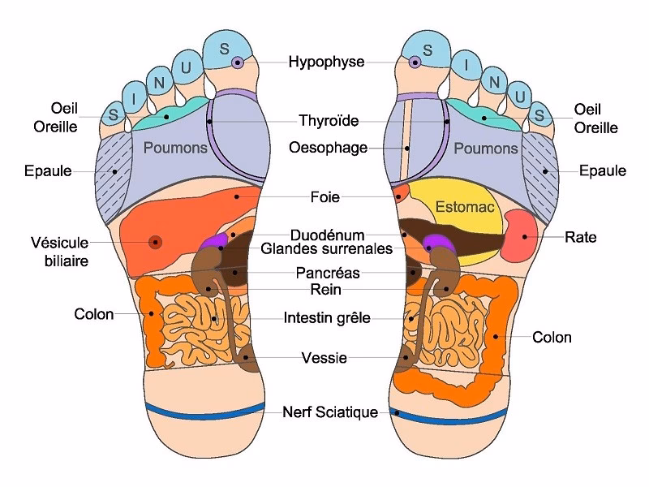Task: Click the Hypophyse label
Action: coord(326,62)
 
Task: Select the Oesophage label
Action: coord(328,148)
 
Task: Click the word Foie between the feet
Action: coord(324,197)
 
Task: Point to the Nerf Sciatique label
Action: coord(330,412)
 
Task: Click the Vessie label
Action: coord(324,358)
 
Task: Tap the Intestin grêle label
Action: coord(327,318)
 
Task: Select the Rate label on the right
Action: coord(582,237)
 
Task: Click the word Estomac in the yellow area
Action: coord(465,207)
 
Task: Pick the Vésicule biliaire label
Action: coord(59,251)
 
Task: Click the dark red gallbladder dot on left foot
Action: coord(155,241)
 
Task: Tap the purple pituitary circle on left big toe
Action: coord(237,62)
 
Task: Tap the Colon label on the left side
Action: coord(94,313)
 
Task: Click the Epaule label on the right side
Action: coord(603,170)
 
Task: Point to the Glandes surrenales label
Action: coord(327,249)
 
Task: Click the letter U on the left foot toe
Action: coord(186,68)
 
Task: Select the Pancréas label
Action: coord(327,274)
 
